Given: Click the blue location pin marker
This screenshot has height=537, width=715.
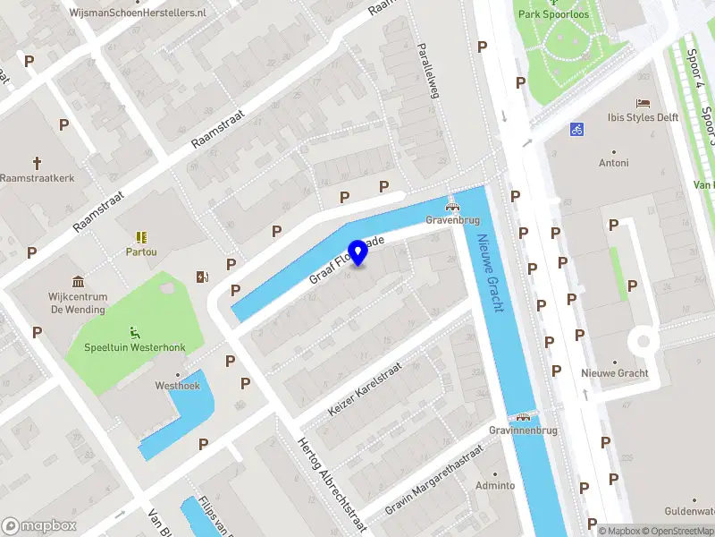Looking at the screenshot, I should pyautogui.click(x=358, y=252).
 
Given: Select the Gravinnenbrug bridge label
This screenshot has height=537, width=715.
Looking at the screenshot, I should pyautogui.click(x=524, y=430).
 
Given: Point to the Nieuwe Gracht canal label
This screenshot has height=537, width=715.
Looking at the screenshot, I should pyautogui.click(x=491, y=274).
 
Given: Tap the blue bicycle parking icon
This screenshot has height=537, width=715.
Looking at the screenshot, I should pyautogui.click(x=577, y=129).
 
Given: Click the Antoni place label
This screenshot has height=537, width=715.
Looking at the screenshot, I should pyautogui.click(x=614, y=163).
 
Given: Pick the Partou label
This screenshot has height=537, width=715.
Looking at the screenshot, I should pyautogui.click(x=141, y=251).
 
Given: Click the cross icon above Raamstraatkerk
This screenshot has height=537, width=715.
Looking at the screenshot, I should pyautogui.click(x=38, y=163).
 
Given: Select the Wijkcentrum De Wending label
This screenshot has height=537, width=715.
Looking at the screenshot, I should pyautogui.click(x=78, y=303).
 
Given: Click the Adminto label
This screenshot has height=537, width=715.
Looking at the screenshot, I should pyautogui.click(x=495, y=485).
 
